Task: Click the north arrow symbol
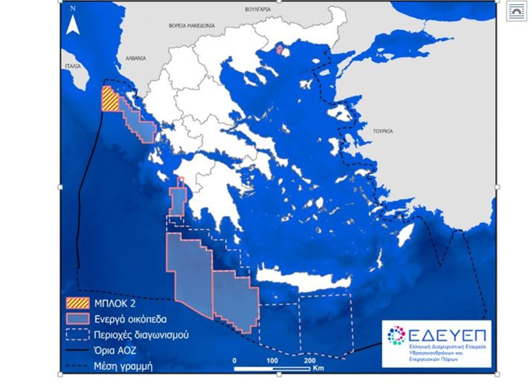point(73,24)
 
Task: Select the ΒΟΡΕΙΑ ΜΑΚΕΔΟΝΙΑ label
point(192,25)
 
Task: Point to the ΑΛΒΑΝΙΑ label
point(136,58)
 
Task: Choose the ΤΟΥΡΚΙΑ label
point(382,131)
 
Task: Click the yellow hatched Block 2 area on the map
point(109,98)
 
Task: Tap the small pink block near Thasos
point(280,50)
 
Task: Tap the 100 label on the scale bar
point(273,360)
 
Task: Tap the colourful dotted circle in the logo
point(397,335)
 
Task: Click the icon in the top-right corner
point(517,11)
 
